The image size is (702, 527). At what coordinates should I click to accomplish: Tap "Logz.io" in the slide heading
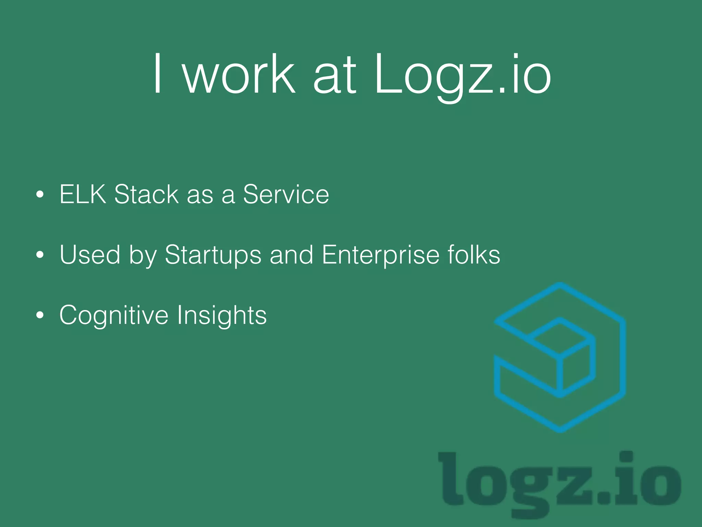coord(462,75)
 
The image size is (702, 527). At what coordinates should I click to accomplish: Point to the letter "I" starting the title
coord(157,73)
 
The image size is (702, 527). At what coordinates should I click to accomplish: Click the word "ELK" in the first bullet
coord(83,194)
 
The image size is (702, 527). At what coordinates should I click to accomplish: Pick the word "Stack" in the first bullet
coord(146,194)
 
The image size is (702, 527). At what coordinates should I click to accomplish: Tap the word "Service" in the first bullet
coord(286,194)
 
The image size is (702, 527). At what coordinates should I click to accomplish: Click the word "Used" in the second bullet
coord(90,255)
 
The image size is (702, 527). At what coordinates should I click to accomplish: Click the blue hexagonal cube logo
coord(560,357)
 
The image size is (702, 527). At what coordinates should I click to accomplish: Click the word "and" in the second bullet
coord(291,255)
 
